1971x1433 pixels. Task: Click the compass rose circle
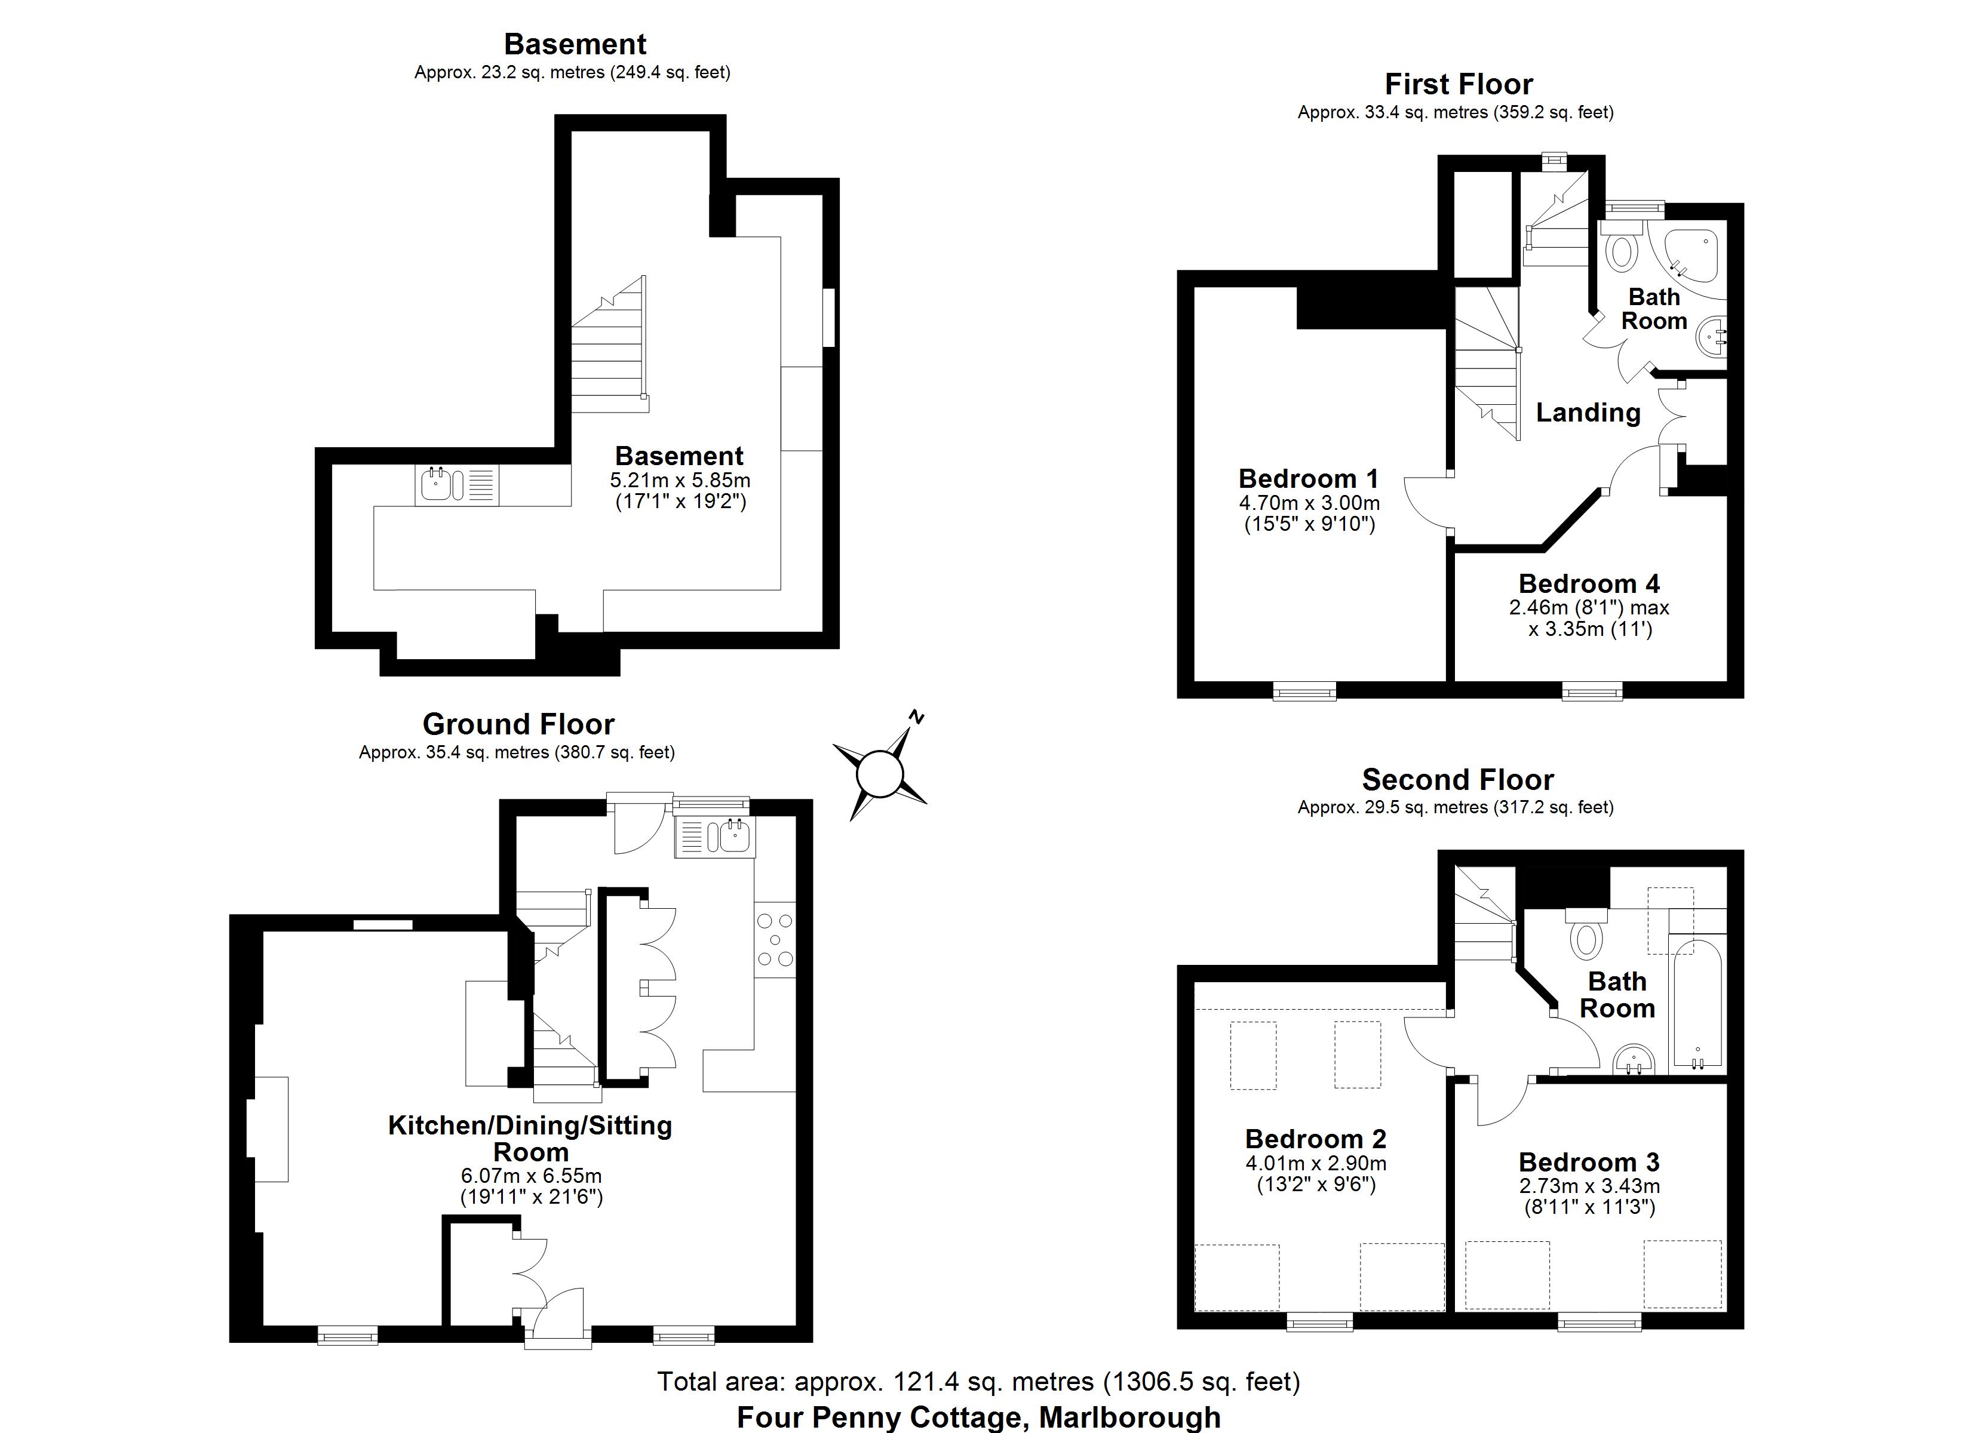tap(879, 773)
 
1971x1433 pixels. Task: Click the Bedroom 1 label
tap(1308, 479)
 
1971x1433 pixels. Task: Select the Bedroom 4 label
tap(1589, 583)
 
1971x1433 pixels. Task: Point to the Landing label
tap(1588, 412)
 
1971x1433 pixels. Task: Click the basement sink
tap(435, 485)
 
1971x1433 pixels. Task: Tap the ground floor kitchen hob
tap(774, 939)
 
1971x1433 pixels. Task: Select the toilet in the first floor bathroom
tap(1620, 250)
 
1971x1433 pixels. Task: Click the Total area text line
tap(978, 1382)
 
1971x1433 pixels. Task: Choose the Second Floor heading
tap(1457, 780)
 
